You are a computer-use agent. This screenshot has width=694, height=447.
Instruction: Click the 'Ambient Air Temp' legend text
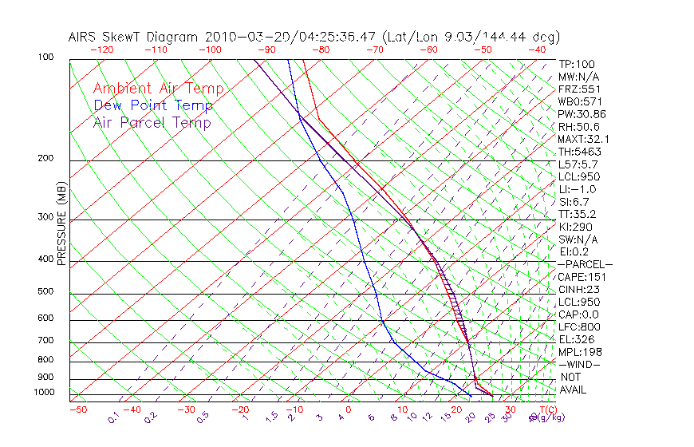[158, 89]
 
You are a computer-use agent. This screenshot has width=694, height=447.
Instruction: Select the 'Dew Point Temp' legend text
[153, 105]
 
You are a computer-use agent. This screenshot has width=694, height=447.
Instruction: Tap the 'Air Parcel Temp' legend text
[152, 122]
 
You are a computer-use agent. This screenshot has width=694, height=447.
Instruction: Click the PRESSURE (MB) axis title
[61, 224]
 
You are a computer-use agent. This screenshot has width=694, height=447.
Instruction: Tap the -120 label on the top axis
[101, 49]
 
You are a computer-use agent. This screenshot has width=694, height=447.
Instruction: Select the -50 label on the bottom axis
[78, 409]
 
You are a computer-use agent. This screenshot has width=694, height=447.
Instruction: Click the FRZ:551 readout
[579, 89]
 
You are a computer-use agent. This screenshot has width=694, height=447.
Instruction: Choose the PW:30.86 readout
[582, 114]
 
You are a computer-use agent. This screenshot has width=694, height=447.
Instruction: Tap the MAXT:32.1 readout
[584, 139]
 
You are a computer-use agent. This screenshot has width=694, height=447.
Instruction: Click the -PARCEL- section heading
[585, 264]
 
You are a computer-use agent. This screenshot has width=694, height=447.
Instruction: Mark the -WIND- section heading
[579, 364]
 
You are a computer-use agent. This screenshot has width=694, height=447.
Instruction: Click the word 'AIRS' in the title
[84, 37]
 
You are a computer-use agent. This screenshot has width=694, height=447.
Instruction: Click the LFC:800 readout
[578, 326]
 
